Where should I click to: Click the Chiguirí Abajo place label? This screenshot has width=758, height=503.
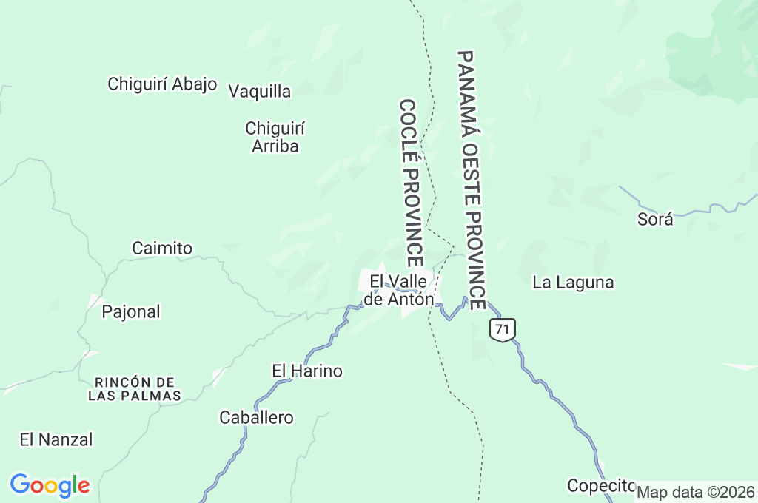pos(162,84)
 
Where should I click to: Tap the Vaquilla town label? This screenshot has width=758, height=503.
pos(259,92)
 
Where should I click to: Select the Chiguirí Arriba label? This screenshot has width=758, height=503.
pos(275,137)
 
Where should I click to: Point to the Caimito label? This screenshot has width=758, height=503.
pos(162,248)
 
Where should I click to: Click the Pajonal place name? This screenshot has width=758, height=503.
pos(130,311)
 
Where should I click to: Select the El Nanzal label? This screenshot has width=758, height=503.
pos(56,439)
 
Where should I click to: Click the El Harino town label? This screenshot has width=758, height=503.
pos(307,371)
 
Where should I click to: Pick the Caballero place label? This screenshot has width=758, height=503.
pos(256,418)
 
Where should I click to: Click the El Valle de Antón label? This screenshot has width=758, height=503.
pos(400,290)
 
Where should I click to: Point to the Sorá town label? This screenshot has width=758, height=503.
pos(655,219)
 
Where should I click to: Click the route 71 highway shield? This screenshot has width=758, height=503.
pos(502,330)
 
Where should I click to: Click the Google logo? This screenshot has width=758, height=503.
pos(50,485)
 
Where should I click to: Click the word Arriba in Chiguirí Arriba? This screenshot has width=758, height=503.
pos(275,146)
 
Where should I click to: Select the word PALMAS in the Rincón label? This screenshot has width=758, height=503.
pos(157,396)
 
